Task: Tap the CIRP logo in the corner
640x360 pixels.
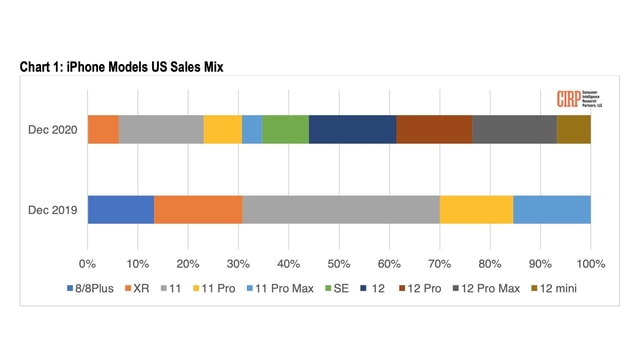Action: pos(580,100)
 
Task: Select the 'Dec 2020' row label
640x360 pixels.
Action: pos(51,130)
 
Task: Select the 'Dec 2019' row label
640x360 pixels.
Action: pos(51,210)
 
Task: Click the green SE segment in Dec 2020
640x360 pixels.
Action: pos(285,130)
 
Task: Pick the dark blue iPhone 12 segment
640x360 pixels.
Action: pos(352,130)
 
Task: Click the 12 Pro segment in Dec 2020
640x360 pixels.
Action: pos(434,130)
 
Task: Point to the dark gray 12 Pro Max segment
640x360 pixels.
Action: pos(514,130)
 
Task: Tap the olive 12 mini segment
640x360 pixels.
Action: pos(573,130)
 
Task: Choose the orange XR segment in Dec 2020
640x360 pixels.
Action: pos(103,130)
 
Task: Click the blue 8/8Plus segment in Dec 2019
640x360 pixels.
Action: pos(120,210)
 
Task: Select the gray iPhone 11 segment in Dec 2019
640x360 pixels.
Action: pos(340,210)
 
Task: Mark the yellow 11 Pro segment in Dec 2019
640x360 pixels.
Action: pos(476,210)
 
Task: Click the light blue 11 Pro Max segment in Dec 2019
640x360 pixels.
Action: pos(551,210)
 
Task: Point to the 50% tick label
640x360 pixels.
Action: pos(339,264)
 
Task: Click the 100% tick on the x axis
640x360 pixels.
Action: pos(590,264)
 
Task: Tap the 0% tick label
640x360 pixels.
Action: pos(88,264)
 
